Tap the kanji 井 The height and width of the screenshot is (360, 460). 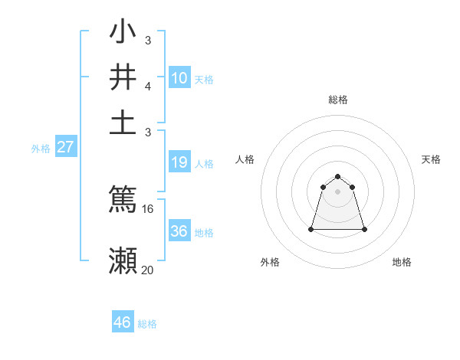click(123, 77)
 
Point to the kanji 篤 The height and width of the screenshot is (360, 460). click(123, 198)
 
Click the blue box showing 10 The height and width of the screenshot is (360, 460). click(179, 77)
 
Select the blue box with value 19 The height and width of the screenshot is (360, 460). click(179, 162)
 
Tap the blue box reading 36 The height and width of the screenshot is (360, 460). click(179, 231)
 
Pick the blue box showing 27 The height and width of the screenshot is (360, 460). click(65, 147)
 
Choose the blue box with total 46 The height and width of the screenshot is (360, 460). click(123, 322)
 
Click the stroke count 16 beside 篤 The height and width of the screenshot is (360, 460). click(148, 208)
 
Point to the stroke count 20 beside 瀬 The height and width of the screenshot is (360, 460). click(148, 270)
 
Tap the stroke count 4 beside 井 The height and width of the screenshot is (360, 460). click(147, 87)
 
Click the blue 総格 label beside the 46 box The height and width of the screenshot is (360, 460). click(147, 324)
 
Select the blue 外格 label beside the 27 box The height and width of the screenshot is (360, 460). click(41, 149)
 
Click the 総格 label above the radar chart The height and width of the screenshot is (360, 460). click(337, 100)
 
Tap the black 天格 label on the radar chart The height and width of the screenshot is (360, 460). click(431, 159)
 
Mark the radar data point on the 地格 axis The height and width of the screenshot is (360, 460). click(363, 229)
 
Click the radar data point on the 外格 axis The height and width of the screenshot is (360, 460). click(312, 229)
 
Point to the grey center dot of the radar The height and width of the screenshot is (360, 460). click(337, 191)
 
